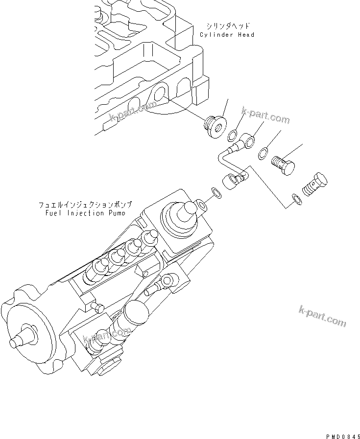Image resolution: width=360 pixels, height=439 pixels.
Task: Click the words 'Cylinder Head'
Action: point(227,35)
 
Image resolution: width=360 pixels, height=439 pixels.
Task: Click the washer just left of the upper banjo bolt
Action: point(263,153)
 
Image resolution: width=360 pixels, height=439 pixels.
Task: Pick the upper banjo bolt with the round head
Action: point(285,165)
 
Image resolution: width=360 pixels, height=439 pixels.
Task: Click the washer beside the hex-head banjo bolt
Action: point(295,197)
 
